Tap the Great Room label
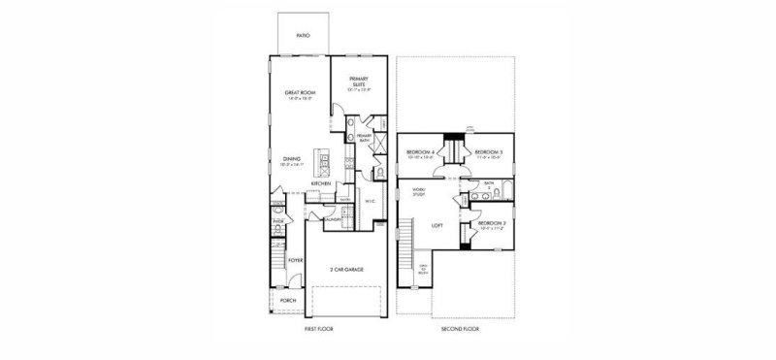[x=298, y=94]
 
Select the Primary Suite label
[x=358, y=83]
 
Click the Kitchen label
[x=322, y=183]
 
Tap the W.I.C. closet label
[x=371, y=202]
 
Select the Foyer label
[x=295, y=261]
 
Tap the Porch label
[x=288, y=300]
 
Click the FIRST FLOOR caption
[x=320, y=330]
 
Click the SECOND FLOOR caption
[x=460, y=330]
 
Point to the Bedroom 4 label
[x=420, y=152]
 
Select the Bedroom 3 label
[x=487, y=152]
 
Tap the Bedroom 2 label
[x=490, y=224]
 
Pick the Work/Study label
[x=419, y=192]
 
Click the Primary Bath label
[x=365, y=139]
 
